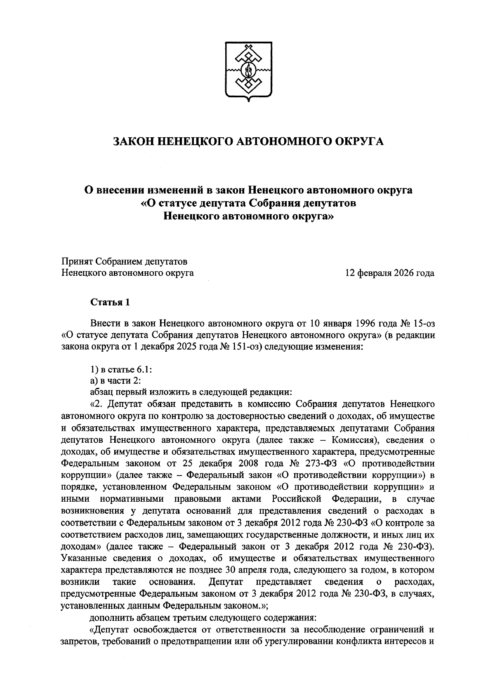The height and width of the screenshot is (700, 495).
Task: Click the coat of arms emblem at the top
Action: click(248, 71)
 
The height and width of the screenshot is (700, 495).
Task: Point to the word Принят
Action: click(77, 261)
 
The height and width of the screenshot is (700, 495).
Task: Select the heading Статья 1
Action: click(110, 302)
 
